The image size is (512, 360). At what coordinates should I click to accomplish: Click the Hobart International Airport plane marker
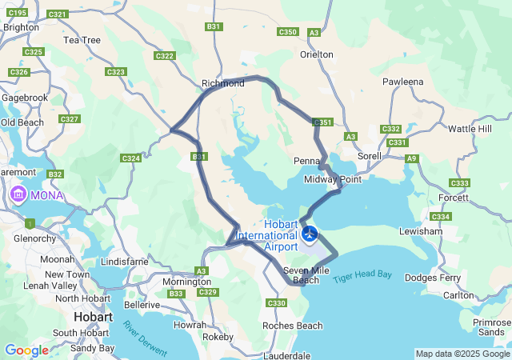pyautogui.click(x=310, y=234)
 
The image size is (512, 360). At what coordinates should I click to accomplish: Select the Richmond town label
pyautogui.click(x=223, y=83)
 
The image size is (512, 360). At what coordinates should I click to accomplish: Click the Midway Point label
pyautogui.click(x=333, y=179)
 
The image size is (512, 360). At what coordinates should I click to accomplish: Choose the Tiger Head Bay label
pyautogui.click(x=362, y=275)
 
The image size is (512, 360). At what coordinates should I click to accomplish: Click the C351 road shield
pyautogui.click(x=322, y=122)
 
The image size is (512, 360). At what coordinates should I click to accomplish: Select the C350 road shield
pyautogui.click(x=288, y=32)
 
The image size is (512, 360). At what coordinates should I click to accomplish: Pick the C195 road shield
pyautogui.click(x=17, y=13)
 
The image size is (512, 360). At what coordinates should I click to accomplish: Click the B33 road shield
pyautogui.click(x=177, y=294)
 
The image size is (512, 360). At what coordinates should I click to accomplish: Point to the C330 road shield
pyautogui.click(x=277, y=303)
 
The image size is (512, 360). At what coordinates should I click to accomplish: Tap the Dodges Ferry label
pyautogui.click(x=433, y=278)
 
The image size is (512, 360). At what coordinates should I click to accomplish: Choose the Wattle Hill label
pyautogui.click(x=470, y=129)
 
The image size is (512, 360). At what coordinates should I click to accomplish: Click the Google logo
pyautogui.click(x=26, y=350)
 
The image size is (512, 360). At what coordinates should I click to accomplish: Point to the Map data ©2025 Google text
pyautogui.click(x=462, y=354)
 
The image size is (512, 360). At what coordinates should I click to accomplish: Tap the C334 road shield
pyautogui.click(x=441, y=217)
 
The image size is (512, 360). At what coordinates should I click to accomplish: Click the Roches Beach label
pyautogui.click(x=293, y=326)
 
